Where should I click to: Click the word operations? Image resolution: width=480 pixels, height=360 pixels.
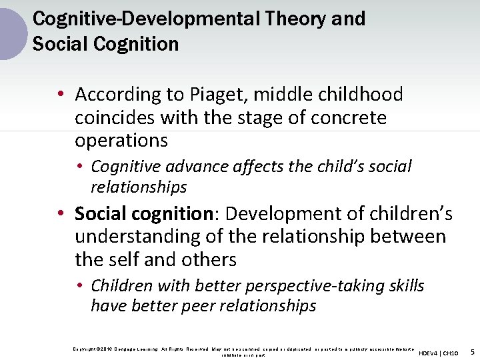(121, 141)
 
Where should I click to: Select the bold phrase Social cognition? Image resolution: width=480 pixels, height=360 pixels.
(143, 214)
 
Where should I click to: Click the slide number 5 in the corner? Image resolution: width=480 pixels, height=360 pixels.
(472, 351)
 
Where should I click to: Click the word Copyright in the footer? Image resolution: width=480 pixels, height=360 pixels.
(85, 349)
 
